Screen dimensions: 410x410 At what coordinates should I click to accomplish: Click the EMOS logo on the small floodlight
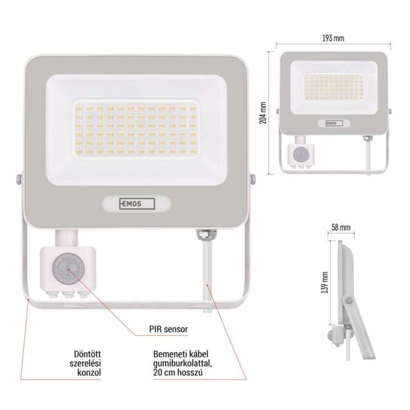(x=334, y=124)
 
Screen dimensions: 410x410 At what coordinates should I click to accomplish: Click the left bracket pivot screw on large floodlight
(x=18, y=178)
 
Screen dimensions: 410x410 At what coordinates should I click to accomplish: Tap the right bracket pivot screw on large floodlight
(x=253, y=179)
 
